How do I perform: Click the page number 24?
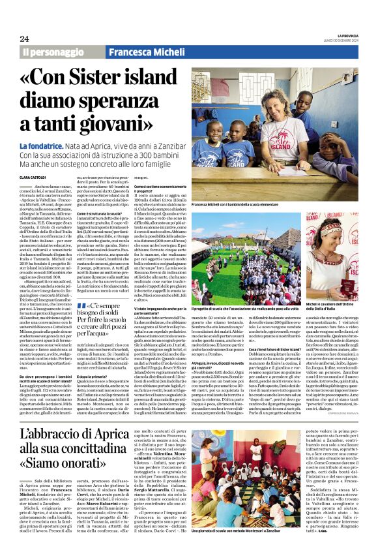(24, 38)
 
